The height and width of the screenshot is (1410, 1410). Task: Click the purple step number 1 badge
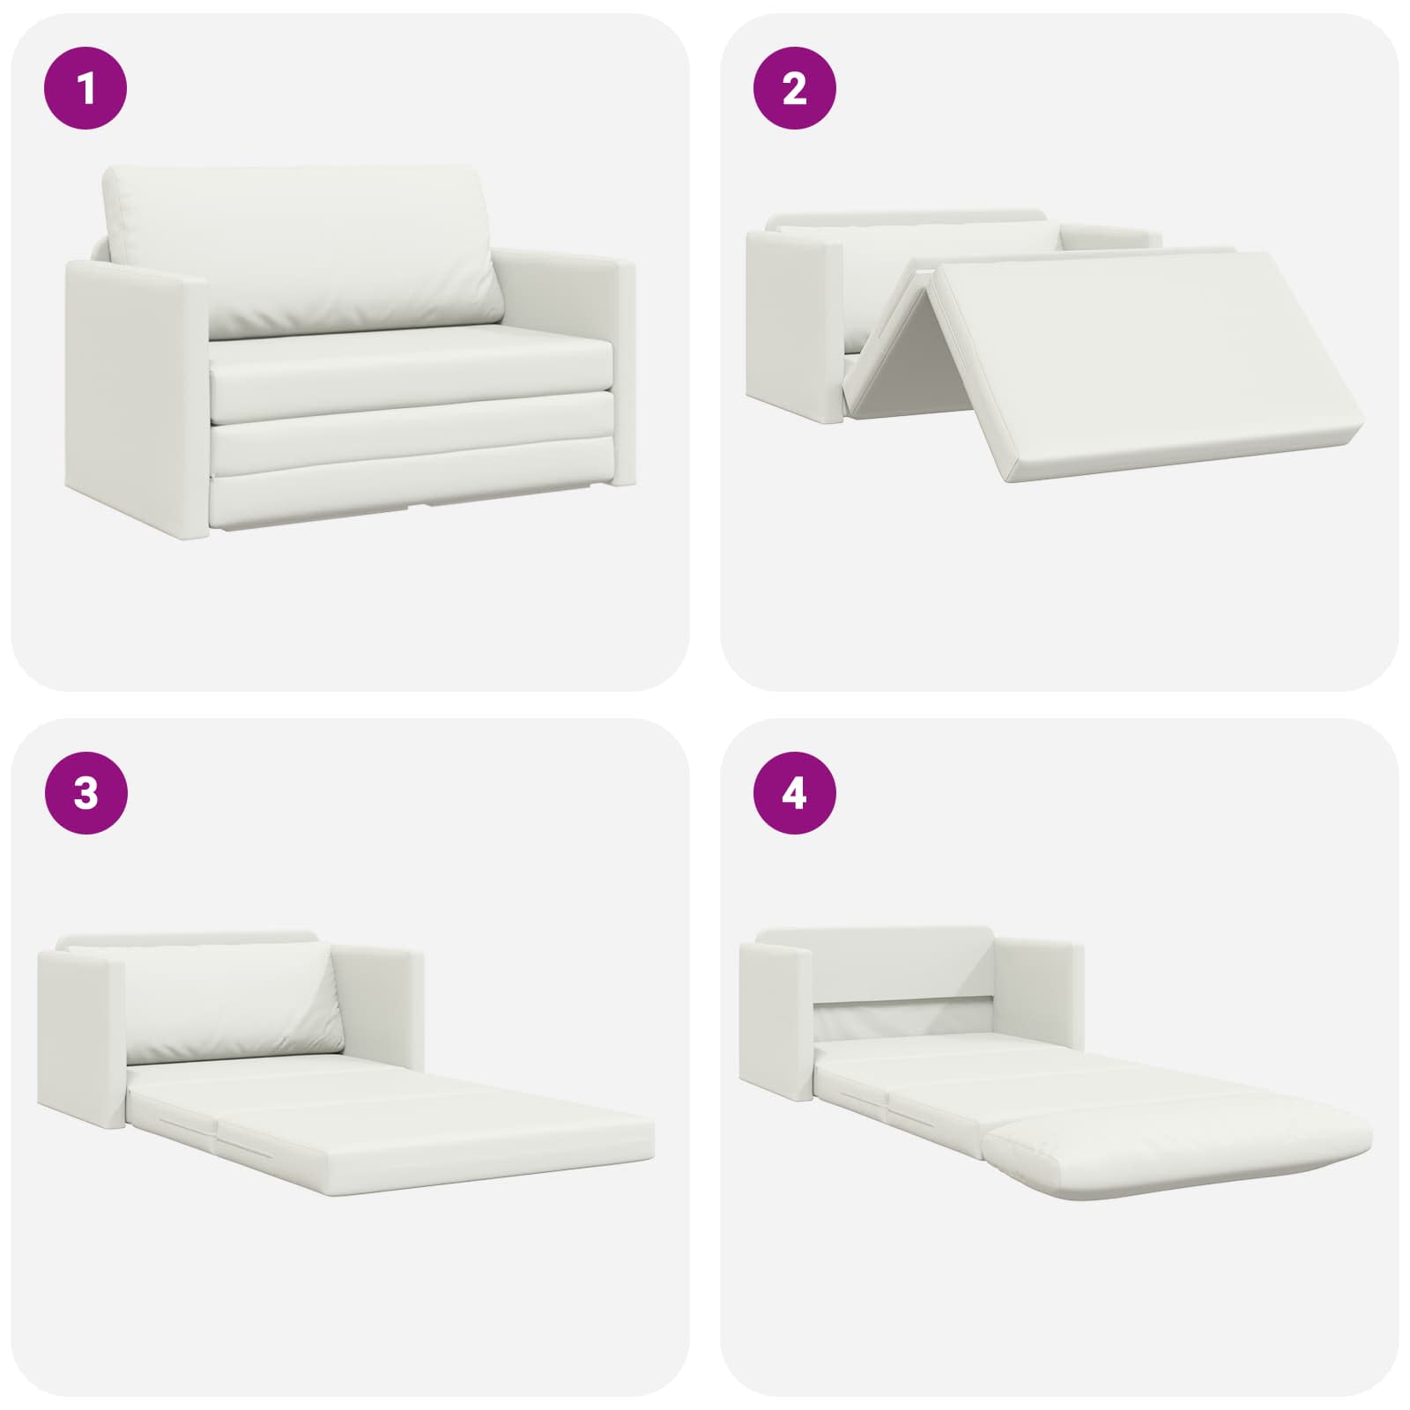point(85,89)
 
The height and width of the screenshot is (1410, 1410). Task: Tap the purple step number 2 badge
point(794,89)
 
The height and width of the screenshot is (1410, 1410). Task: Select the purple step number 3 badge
point(85,793)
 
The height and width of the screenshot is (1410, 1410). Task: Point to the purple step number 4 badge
point(794,793)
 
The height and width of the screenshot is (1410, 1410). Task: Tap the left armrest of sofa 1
point(137,397)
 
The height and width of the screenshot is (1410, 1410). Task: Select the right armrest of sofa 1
point(564,361)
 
